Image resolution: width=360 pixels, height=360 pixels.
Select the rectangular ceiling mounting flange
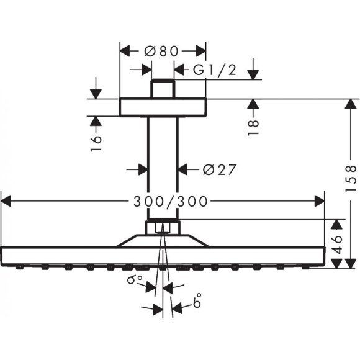(x=162, y=107)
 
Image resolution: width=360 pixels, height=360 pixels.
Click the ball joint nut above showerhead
(x=163, y=227)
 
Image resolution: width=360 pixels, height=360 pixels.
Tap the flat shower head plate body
(x=163, y=255)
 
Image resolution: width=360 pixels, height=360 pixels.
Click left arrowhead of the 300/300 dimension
(x=6, y=200)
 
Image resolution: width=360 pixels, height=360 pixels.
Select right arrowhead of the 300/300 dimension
(x=320, y=200)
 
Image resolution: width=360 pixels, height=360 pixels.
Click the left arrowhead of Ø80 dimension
(x=124, y=52)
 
